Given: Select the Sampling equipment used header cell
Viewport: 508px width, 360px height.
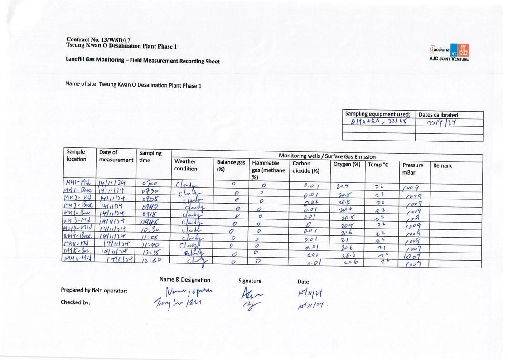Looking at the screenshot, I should click(377, 114).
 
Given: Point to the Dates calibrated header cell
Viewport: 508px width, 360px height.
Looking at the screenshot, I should click(438, 115).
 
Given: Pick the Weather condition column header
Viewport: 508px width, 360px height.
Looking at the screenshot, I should click(186, 165).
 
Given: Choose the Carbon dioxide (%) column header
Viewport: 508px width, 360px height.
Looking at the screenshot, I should click(306, 167).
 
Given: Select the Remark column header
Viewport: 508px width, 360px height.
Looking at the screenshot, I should click(442, 165).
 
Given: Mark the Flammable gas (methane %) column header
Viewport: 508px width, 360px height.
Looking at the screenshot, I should click(269, 170).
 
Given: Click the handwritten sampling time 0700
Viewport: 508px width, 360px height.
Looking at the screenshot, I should click(149, 183).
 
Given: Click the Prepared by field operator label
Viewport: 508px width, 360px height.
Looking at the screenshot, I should click(94, 291).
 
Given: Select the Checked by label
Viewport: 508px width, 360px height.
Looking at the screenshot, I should click(75, 302).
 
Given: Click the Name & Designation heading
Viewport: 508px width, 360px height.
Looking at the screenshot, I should click(185, 280).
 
